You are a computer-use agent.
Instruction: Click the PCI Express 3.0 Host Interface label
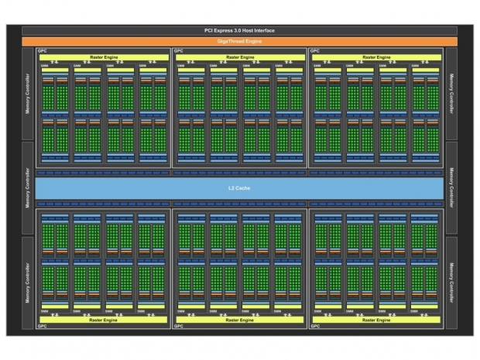point(239,30)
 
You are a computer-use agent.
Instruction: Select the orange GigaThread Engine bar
point(239,39)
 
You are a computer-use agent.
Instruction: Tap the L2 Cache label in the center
point(239,188)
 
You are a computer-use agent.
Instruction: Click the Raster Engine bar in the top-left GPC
point(102,57)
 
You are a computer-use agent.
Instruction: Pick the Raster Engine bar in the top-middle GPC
point(239,57)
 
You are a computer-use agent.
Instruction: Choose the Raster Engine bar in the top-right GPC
point(376,57)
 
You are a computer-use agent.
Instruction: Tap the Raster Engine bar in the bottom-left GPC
point(102,319)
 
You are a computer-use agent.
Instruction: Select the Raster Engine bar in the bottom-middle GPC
point(239,319)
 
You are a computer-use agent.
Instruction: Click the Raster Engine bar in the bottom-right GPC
point(376,319)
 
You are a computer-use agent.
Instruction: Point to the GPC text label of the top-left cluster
point(42,51)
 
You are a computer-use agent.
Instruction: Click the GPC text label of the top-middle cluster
point(179,51)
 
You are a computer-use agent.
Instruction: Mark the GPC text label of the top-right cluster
point(315,51)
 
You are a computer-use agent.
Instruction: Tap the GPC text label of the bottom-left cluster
point(42,326)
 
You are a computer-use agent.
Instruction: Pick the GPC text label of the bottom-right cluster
point(315,326)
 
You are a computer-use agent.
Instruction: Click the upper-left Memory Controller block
point(29,93)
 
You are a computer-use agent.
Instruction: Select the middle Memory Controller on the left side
point(29,188)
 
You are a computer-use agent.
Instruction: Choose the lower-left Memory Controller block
point(29,283)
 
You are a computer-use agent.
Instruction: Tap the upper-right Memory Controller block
point(451,93)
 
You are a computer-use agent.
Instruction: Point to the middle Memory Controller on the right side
point(451,188)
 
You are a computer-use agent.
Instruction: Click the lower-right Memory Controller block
point(451,283)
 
